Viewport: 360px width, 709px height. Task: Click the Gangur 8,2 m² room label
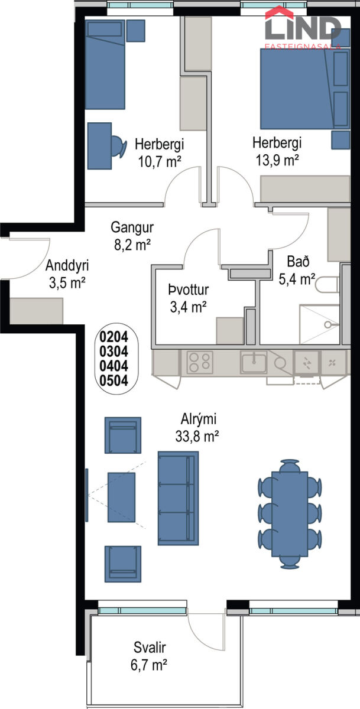(x=132, y=236)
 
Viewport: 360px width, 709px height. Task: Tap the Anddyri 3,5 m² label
(x=67, y=274)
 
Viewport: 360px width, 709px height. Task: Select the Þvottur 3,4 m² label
(x=189, y=298)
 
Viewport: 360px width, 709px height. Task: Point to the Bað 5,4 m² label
(x=297, y=270)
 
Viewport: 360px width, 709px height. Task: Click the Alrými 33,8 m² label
(x=197, y=427)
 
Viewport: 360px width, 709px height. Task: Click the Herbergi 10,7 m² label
(x=159, y=152)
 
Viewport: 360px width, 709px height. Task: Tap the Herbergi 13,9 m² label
(x=277, y=151)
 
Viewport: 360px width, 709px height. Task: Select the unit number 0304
(x=113, y=352)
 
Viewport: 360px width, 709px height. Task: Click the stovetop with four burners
(x=200, y=362)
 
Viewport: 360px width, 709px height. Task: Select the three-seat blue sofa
(x=179, y=498)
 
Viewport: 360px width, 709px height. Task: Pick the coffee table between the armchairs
(x=122, y=497)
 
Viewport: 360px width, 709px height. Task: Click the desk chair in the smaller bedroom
(x=119, y=147)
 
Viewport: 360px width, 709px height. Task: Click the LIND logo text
(x=303, y=28)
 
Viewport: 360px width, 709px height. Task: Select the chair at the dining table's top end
(x=290, y=466)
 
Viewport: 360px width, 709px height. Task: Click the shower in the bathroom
(x=319, y=325)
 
